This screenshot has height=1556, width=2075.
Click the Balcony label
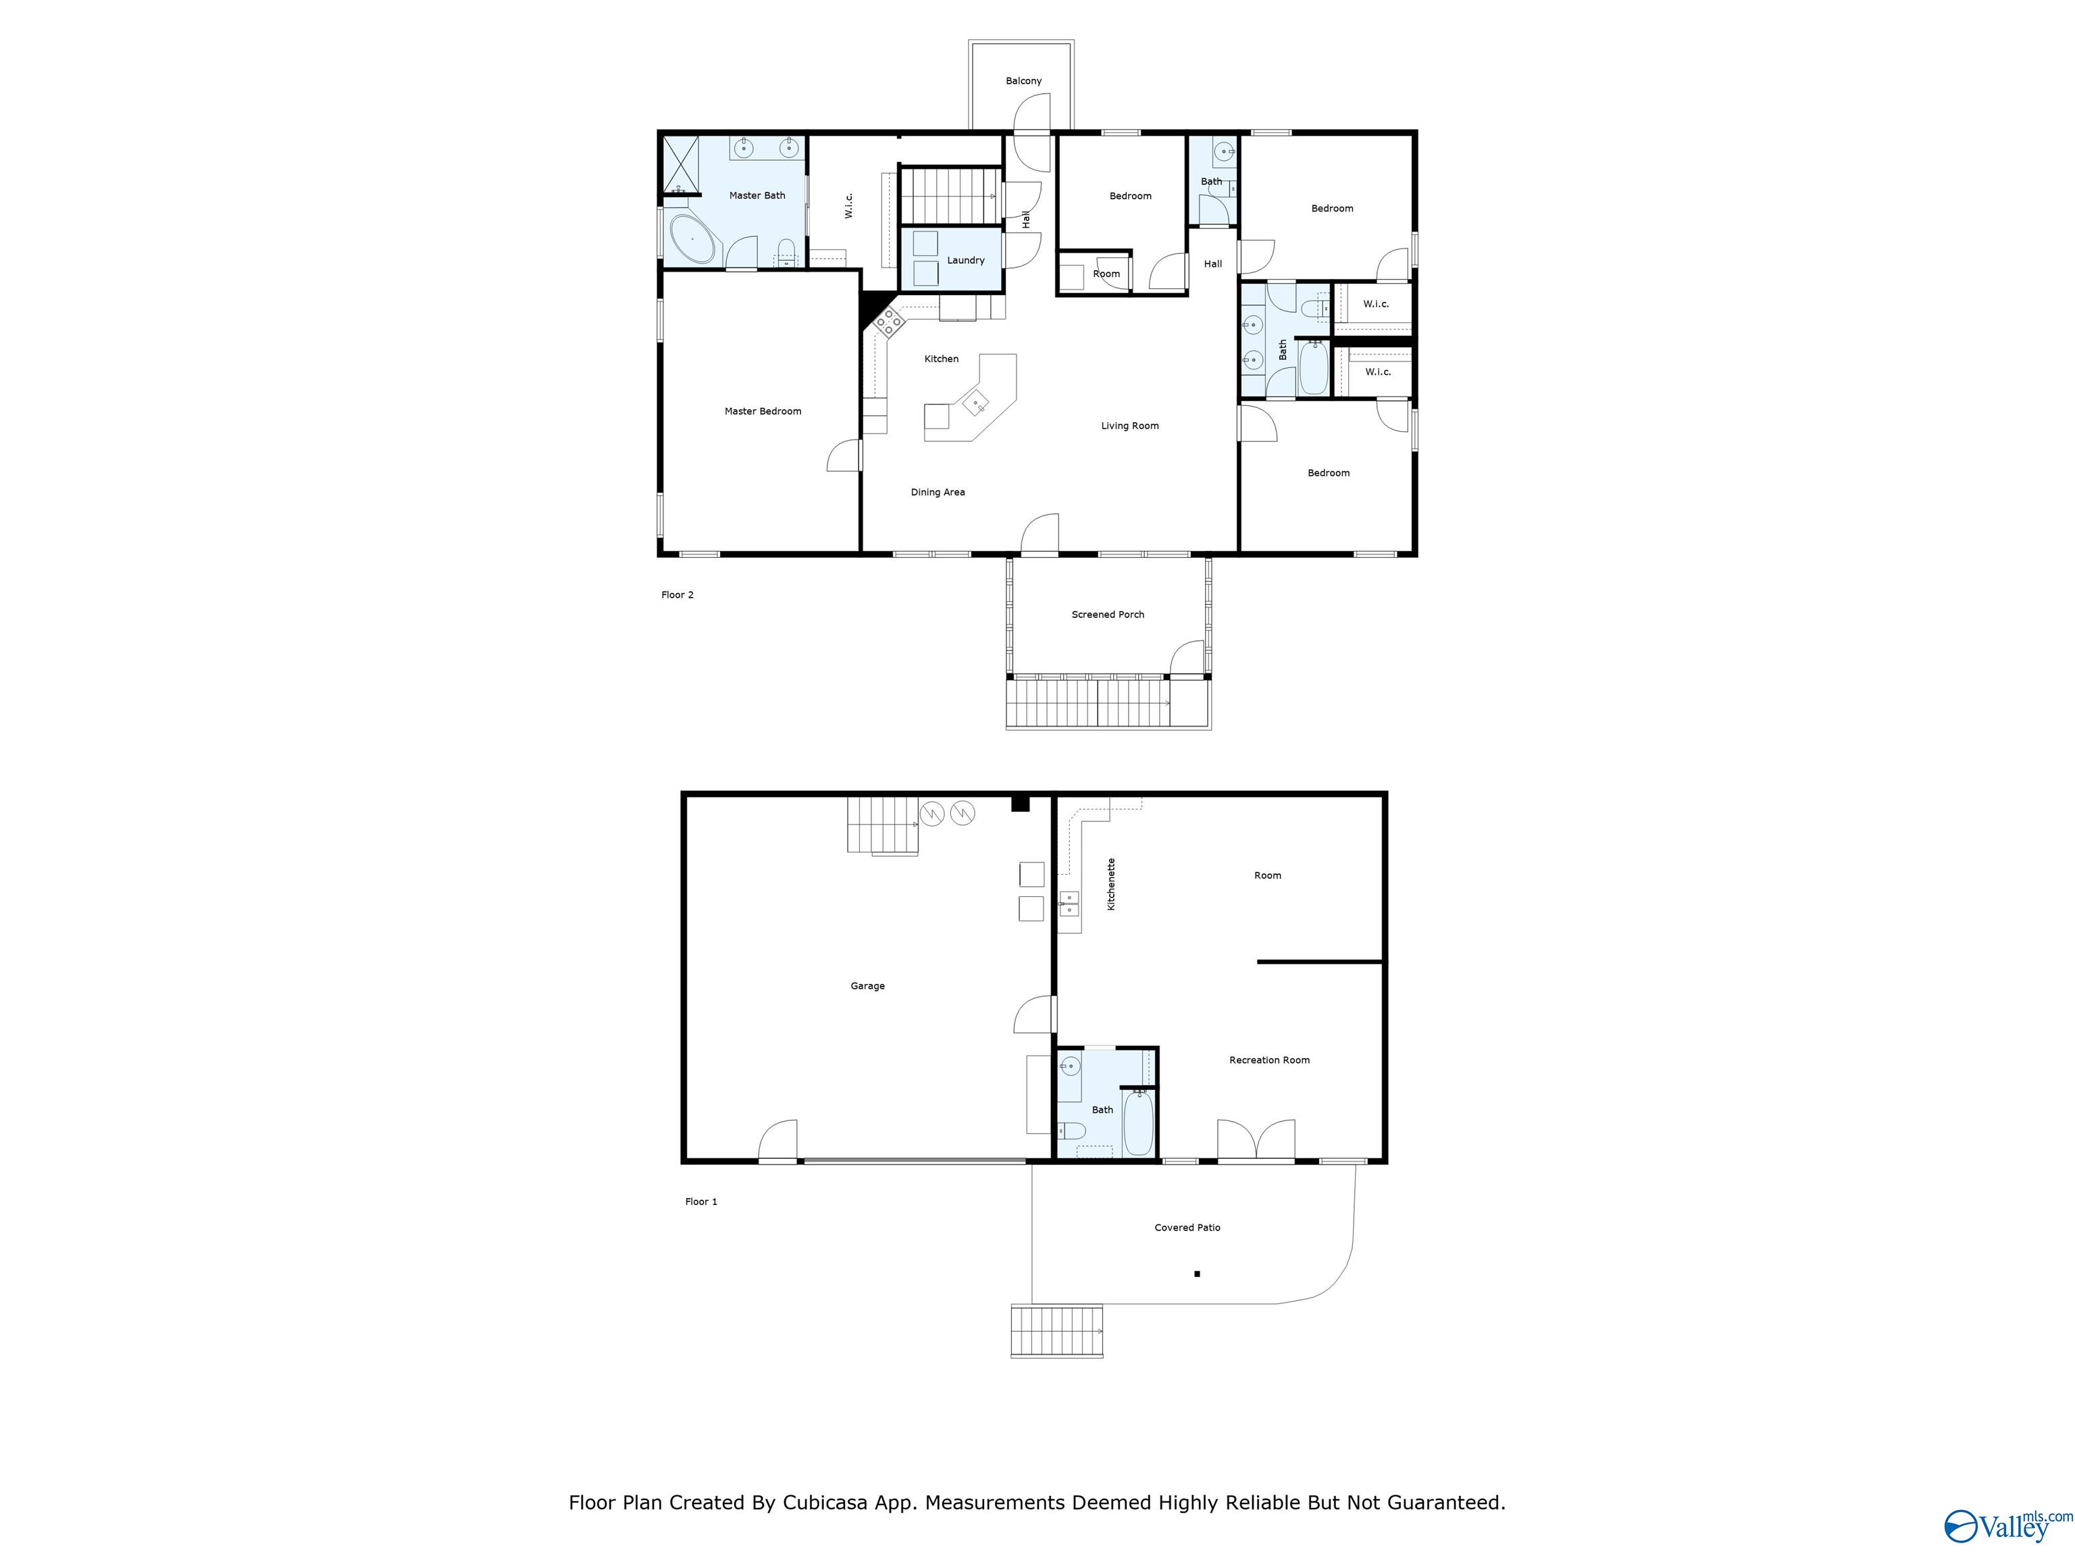coord(1023,80)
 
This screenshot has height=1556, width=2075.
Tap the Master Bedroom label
coord(763,411)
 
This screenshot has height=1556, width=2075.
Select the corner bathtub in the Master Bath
coord(692,240)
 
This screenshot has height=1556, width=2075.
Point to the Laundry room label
coord(965,260)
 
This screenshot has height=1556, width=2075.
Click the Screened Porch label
coord(1108,615)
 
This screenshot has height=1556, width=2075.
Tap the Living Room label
coord(1129,426)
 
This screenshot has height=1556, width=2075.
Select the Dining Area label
coord(937,492)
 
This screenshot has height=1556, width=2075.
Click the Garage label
coord(867,986)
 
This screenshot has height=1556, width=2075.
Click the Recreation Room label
coord(1269,1060)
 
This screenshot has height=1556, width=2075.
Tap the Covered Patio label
coord(1187,1228)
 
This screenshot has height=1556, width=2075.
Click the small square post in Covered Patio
coord(1197,1274)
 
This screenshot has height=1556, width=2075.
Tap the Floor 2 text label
coord(677,594)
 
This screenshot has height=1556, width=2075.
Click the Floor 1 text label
coord(700,1201)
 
